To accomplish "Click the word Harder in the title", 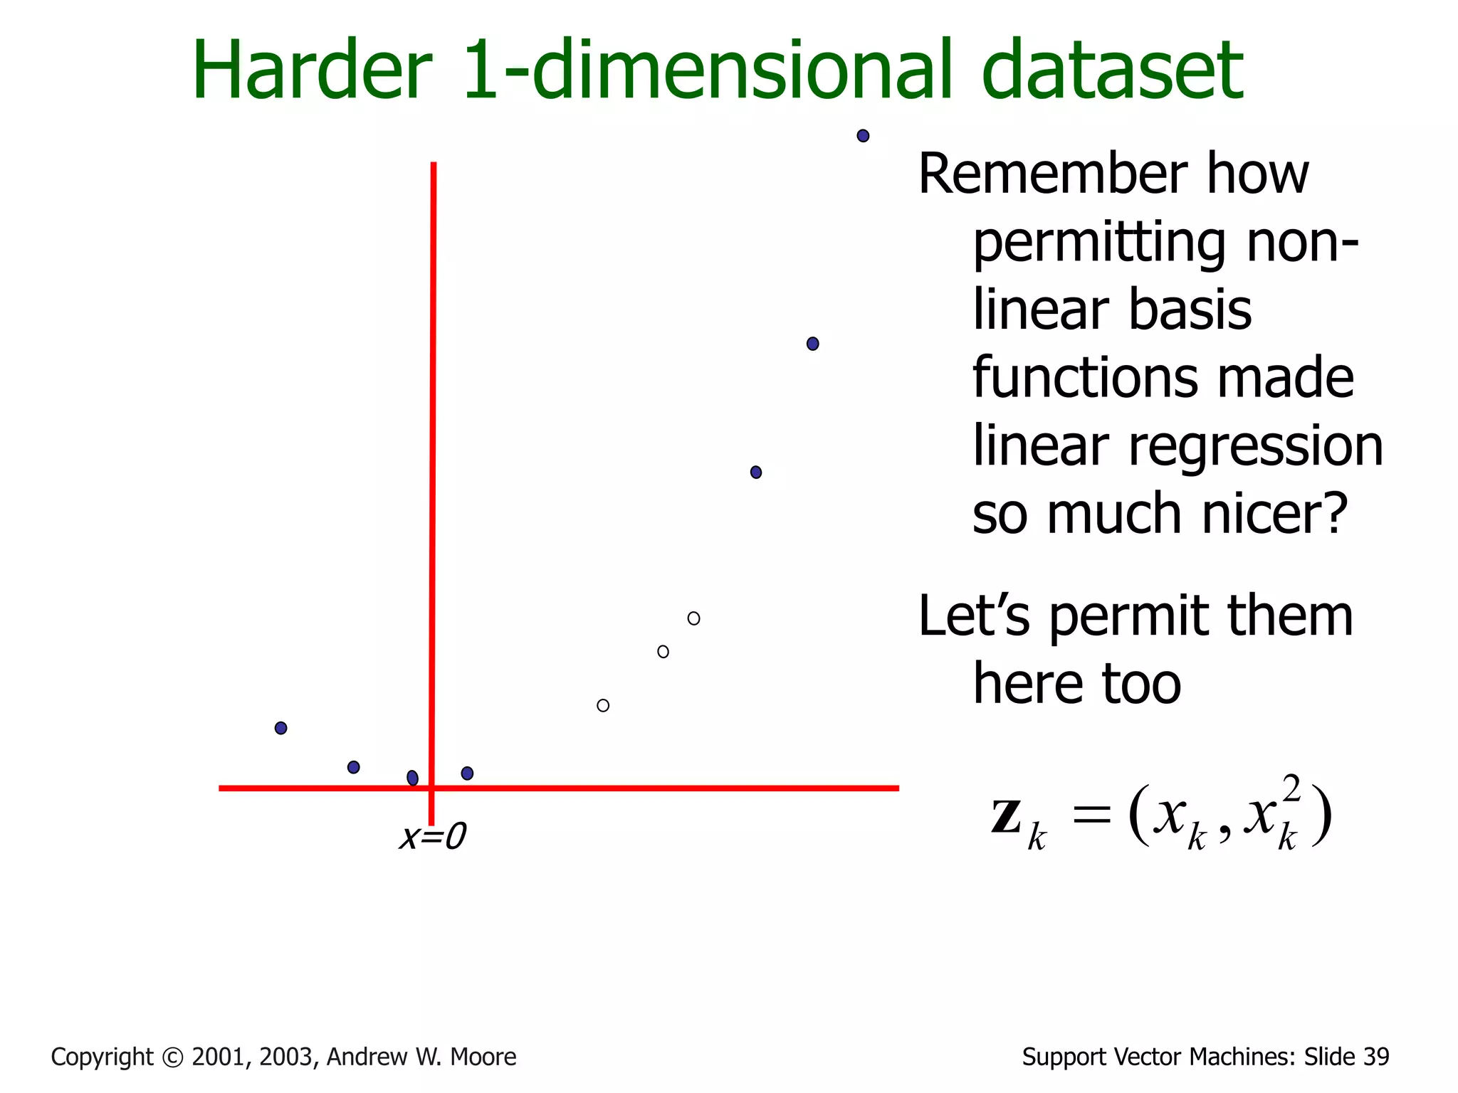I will click(x=312, y=71).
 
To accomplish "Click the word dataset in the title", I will click(x=1112, y=71).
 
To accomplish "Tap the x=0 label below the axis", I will click(x=432, y=837).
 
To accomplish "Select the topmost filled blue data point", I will click(x=863, y=136).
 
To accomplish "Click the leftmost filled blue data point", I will click(x=281, y=728).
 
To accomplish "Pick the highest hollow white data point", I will click(x=693, y=618).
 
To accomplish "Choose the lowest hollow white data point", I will click(x=603, y=706).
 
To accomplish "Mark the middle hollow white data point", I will click(x=663, y=652).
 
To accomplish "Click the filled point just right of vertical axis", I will click(x=467, y=773).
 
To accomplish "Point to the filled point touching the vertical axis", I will click(x=413, y=778).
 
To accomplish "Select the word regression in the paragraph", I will click(x=1256, y=447).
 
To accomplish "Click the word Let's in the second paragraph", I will click(x=973, y=616).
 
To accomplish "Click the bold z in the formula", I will click(x=1007, y=817).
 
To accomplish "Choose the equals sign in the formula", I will click(x=1091, y=815).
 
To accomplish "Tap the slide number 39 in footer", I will click(x=1376, y=1057).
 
